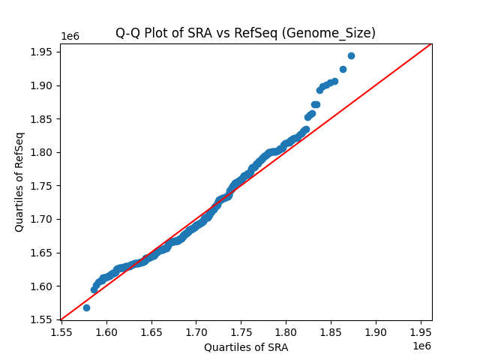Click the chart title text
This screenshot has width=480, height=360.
pyautogui.click(x=245, y=33)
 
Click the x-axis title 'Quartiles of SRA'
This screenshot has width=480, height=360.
pyautogui.click(x=245, y=347)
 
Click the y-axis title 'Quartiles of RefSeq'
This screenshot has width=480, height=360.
pyautogui.click(x=20, y=181)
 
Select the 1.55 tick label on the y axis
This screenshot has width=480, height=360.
pyautogui.click(x=43, y=319)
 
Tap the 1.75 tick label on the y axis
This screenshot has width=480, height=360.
pyautogui.click(x=43, y=185)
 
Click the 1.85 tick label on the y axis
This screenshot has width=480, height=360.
pyautogui.click(x=43, y=118)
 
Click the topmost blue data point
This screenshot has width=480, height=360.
pyautogui.click(x=351, y=55)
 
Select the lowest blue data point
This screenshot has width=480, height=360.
pyautogui.click(x=86, y=307)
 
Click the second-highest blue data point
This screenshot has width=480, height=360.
pyautogui.click(x=343, y=69)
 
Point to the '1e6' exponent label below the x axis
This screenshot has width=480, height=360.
pyautogui.click(x=421, y=345)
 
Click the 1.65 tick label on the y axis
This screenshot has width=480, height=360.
pyautogui.click(x=43, y=253)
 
